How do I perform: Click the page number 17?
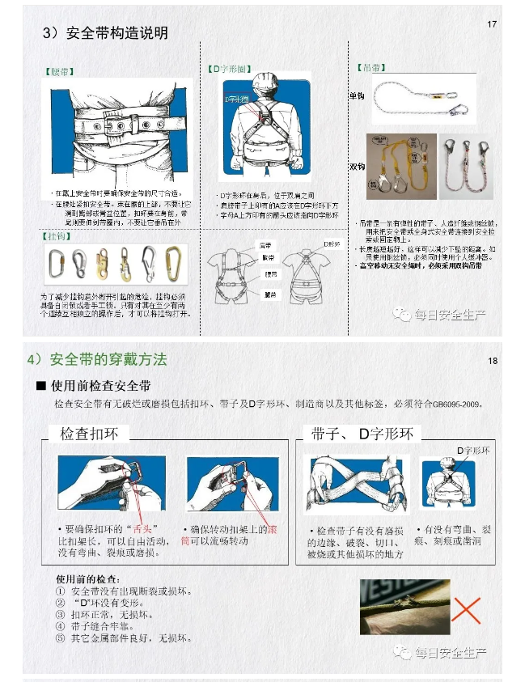[x=492, y=24]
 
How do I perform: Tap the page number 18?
[x=492, y=360]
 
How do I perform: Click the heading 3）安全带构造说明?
[x=105, y=33]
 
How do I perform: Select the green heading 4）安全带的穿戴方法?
[x=108, y=358]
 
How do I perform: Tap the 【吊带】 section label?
[x=373, y=67]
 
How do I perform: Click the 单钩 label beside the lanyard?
[x=357, y=95]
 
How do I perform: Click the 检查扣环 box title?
[x=87, y=434]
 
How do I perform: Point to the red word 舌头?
[x=149, y=527]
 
